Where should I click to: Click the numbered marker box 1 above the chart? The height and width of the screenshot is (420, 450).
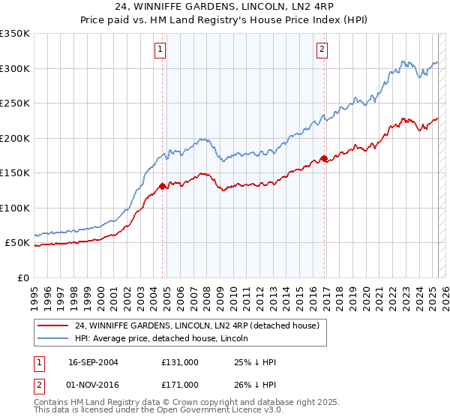click(161, 50)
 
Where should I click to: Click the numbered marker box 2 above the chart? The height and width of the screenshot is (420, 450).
click(322, 50)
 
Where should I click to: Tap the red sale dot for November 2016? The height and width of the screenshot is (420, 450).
click(324, 158)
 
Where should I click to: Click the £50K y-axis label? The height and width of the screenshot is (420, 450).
click(18, 243)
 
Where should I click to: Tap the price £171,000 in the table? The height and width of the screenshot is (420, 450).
click(180, 384)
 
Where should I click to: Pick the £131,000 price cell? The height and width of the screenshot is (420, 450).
click(180, 362)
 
